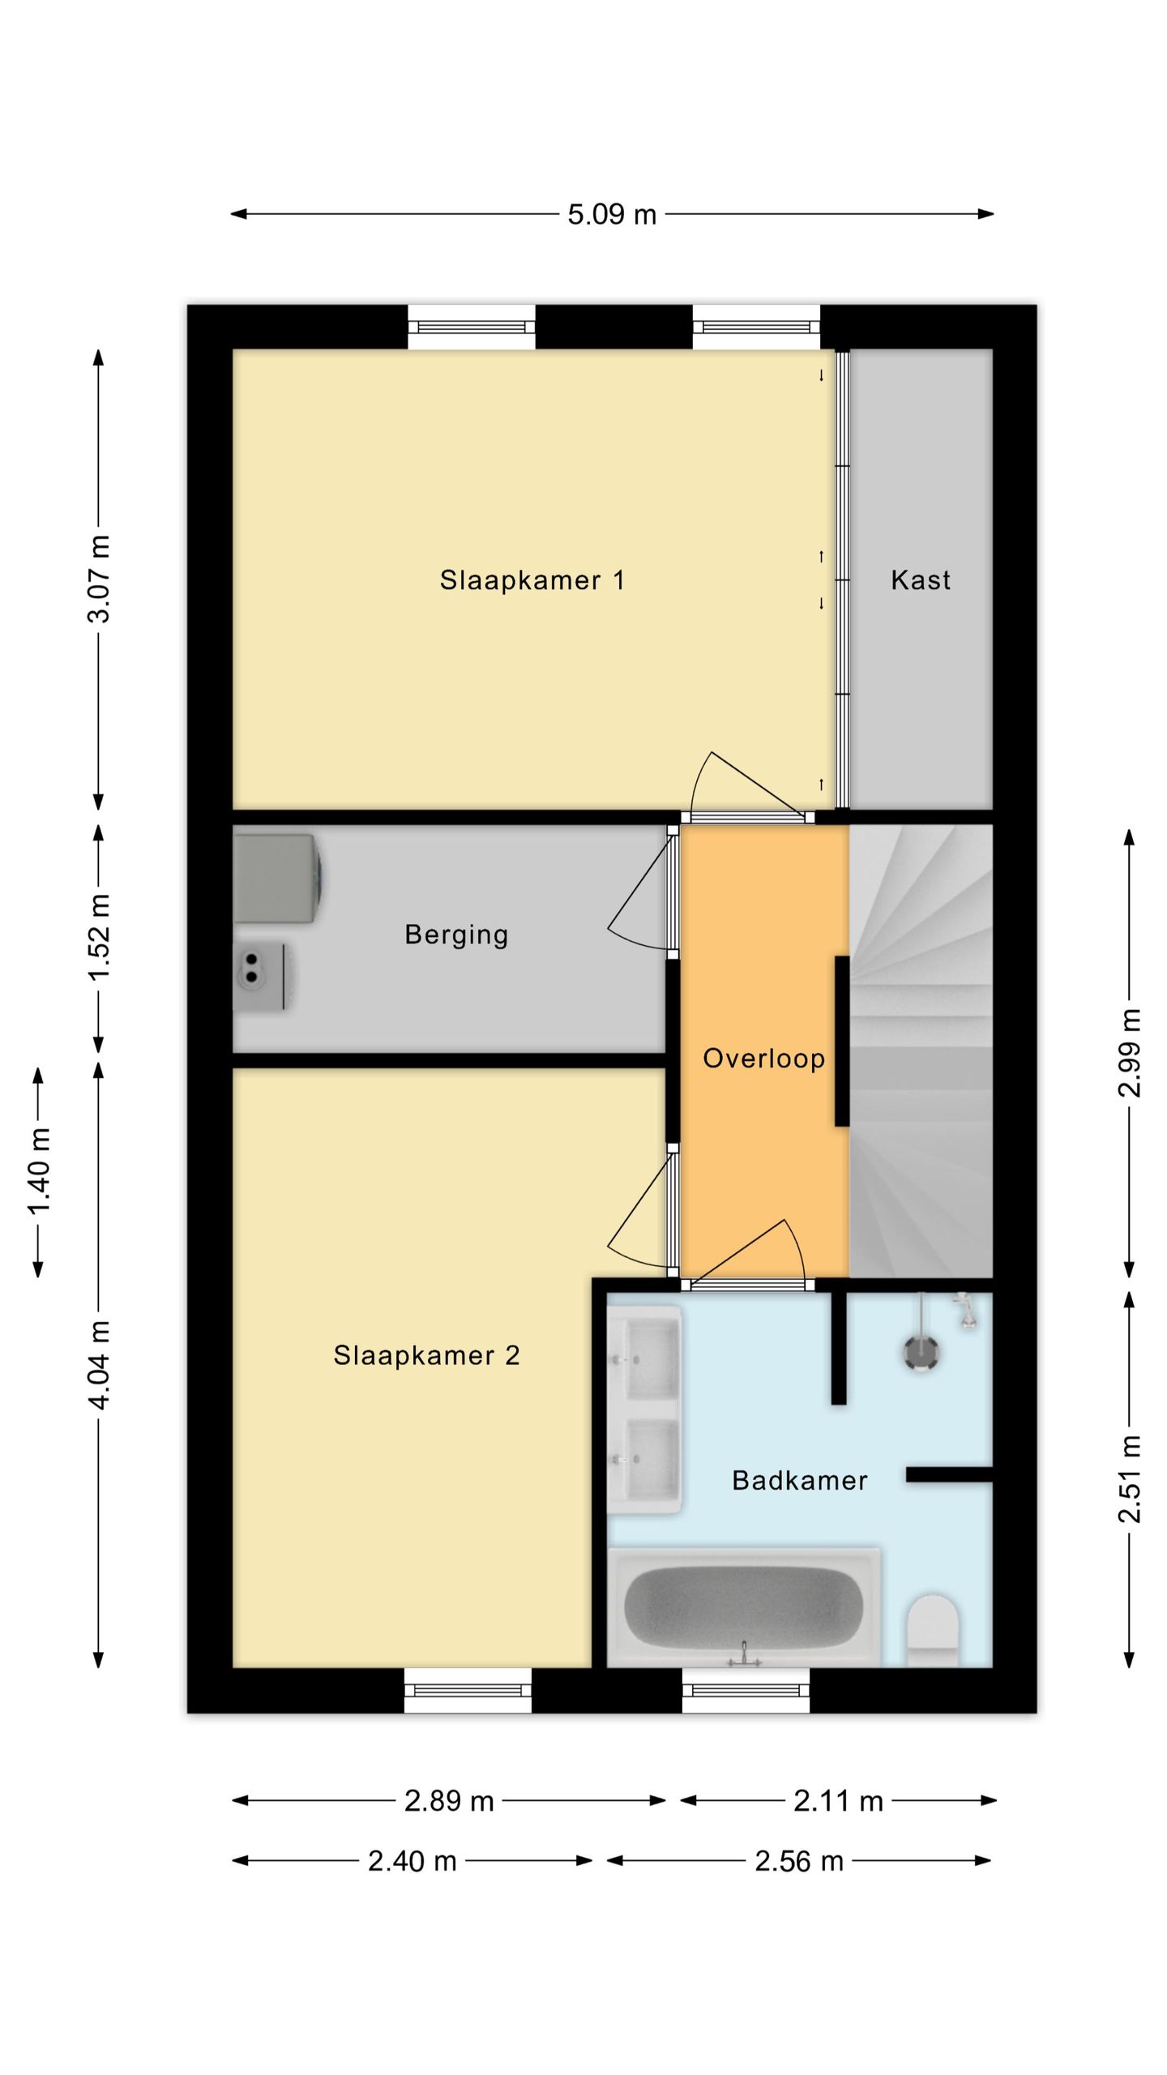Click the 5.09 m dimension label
612,215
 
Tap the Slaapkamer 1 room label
532,580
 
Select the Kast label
921,580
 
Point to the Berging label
456,935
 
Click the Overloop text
763,1058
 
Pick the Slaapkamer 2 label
426,1355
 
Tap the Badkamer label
800,1481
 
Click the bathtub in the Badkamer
744,1607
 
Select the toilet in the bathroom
933,1631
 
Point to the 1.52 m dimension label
99,938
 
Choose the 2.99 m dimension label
1130,1053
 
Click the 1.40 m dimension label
39,1172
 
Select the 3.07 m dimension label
99,579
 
